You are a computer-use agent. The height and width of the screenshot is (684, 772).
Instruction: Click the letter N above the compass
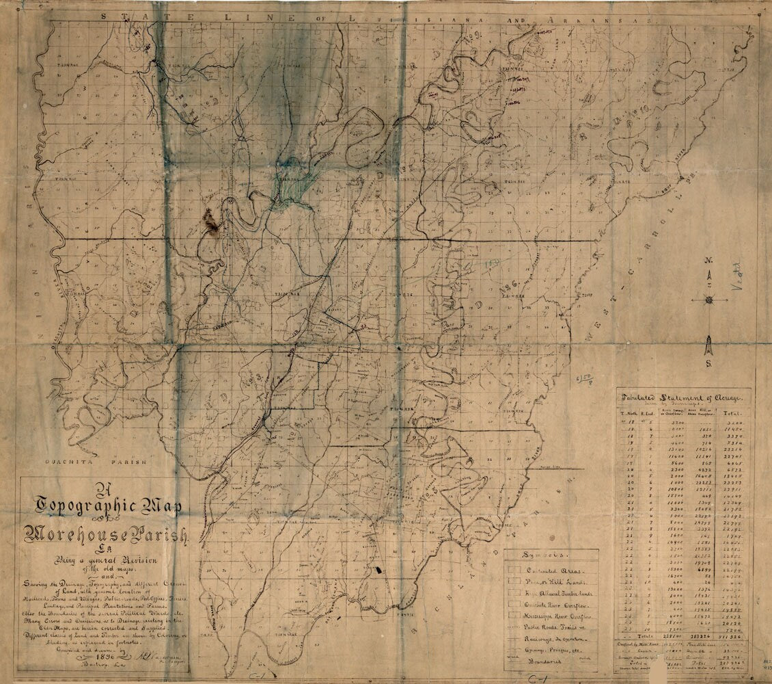[x=709, y=261]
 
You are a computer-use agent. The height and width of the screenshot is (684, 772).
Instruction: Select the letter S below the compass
[x=710, y=364]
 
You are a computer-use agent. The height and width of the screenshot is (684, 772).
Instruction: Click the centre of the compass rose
[x=709, y=300]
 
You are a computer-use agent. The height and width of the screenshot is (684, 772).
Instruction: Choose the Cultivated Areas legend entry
[x=549, y=569]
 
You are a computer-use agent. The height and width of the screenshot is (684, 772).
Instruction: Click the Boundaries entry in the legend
[x=547, y=662]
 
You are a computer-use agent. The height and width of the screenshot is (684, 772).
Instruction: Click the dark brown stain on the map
[x=212, y=223]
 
